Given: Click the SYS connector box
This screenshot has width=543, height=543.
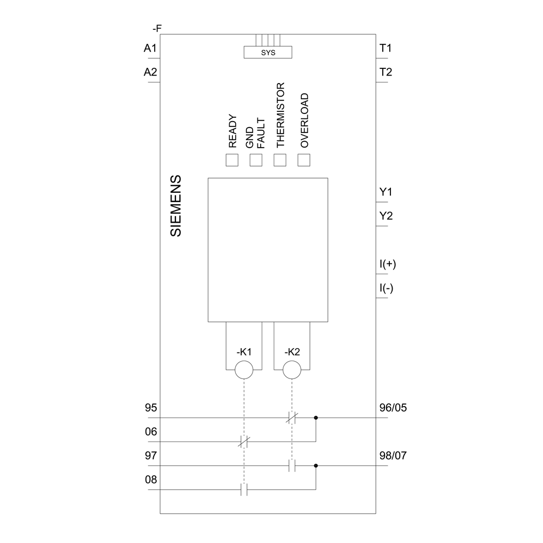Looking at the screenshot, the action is tap(268, 52).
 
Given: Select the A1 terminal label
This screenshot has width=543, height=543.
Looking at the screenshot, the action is tap(150, 48).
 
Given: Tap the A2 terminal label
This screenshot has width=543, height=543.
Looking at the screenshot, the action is tap(150, 72).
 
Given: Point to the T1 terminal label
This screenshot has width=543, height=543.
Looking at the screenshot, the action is tap(386, 48).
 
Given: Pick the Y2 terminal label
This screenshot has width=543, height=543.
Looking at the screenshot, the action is tap(386, 216).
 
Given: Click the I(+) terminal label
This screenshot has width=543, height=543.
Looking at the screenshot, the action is tap(388, 264).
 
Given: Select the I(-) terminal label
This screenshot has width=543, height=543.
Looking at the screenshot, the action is tap(387, 288).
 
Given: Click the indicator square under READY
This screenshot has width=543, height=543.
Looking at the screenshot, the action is tap(232, 160).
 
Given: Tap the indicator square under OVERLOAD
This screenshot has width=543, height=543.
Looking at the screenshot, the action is tap(304, 160).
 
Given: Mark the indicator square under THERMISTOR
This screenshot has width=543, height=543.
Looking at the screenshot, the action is tap(280, 160).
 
